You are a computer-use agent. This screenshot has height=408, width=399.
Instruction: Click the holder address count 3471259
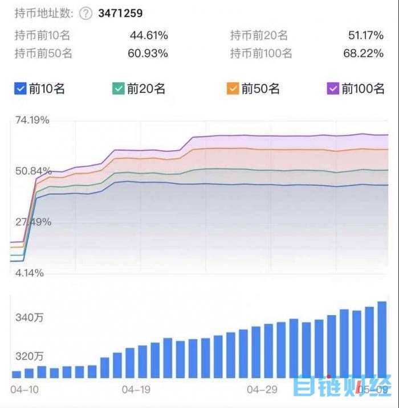[x=120, y=13]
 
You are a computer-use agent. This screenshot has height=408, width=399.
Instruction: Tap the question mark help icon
[x=85, y=14]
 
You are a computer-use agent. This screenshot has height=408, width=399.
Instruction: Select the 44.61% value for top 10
[x=149, y=36]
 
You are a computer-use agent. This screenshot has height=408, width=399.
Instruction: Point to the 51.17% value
[x=365, y=36]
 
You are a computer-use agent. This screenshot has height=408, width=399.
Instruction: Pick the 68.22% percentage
[x=365, y=54]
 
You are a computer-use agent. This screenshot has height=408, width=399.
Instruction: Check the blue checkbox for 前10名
[x=21, y=89]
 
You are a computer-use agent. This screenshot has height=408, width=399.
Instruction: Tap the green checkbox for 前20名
[x=119, y=89]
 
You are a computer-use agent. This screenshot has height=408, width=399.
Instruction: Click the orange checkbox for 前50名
[x=233, y=89]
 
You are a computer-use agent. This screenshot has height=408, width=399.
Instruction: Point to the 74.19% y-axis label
[x=32, y=120]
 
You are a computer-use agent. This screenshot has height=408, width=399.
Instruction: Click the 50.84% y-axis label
[x=32, y=171]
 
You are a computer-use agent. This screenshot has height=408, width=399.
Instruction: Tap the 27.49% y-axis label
[x=32, y=222]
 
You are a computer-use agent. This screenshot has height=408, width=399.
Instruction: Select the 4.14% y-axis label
[x=28, y=273]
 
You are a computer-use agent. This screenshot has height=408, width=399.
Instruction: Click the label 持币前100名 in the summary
[x=261, y=54]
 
